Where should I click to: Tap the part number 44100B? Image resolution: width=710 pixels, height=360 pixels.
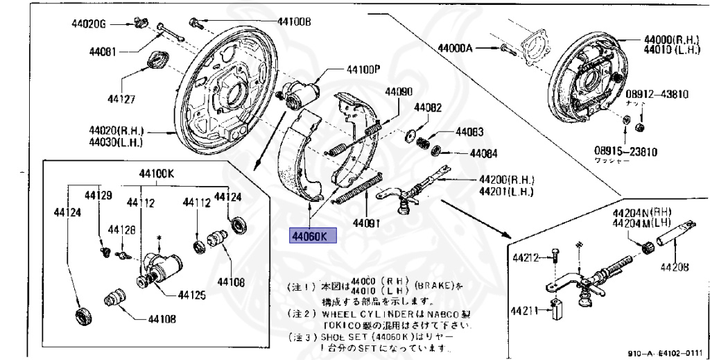294,22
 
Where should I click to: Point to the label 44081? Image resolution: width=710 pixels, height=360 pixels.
103,52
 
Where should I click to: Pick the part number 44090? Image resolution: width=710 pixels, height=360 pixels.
399,92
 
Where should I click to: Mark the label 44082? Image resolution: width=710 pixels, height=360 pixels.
428,108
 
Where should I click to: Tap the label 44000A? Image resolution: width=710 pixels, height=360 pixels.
455,48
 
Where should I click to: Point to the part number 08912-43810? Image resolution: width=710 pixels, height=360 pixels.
657,94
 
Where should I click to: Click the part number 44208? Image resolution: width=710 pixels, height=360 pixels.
673,266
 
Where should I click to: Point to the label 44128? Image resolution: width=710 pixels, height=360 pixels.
106,229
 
